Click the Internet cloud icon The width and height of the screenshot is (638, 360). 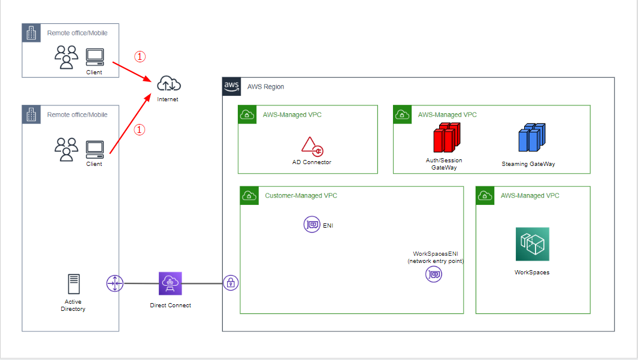coord(169,83)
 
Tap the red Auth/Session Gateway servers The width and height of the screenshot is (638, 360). coord(447,138)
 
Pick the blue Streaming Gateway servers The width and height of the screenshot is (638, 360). coord(532,138)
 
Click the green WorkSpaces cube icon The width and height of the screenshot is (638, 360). coord(532,244)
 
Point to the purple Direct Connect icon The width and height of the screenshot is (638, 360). coord(170,283)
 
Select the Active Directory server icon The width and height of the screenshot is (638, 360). coord(74,284)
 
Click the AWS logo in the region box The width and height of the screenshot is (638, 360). coord(231,87)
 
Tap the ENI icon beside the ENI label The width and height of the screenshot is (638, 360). coord(312,224)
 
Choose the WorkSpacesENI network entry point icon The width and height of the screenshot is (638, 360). coord(434,274)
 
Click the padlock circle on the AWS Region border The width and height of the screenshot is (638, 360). coord(231,283)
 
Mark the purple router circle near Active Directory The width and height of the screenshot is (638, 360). coord(115,283)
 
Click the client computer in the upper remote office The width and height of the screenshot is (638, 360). coord(95,57)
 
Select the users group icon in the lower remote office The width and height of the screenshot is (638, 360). coord(66,150)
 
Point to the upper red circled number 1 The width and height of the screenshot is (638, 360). coord(140,56)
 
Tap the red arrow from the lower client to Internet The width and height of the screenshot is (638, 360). coord(130,123)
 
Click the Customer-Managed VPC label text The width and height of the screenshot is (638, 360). coord(301,196)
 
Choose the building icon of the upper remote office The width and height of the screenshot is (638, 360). coord(31,33)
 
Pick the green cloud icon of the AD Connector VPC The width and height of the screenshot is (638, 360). coord(247,115)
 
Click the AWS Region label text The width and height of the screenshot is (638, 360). coord(266,87)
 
